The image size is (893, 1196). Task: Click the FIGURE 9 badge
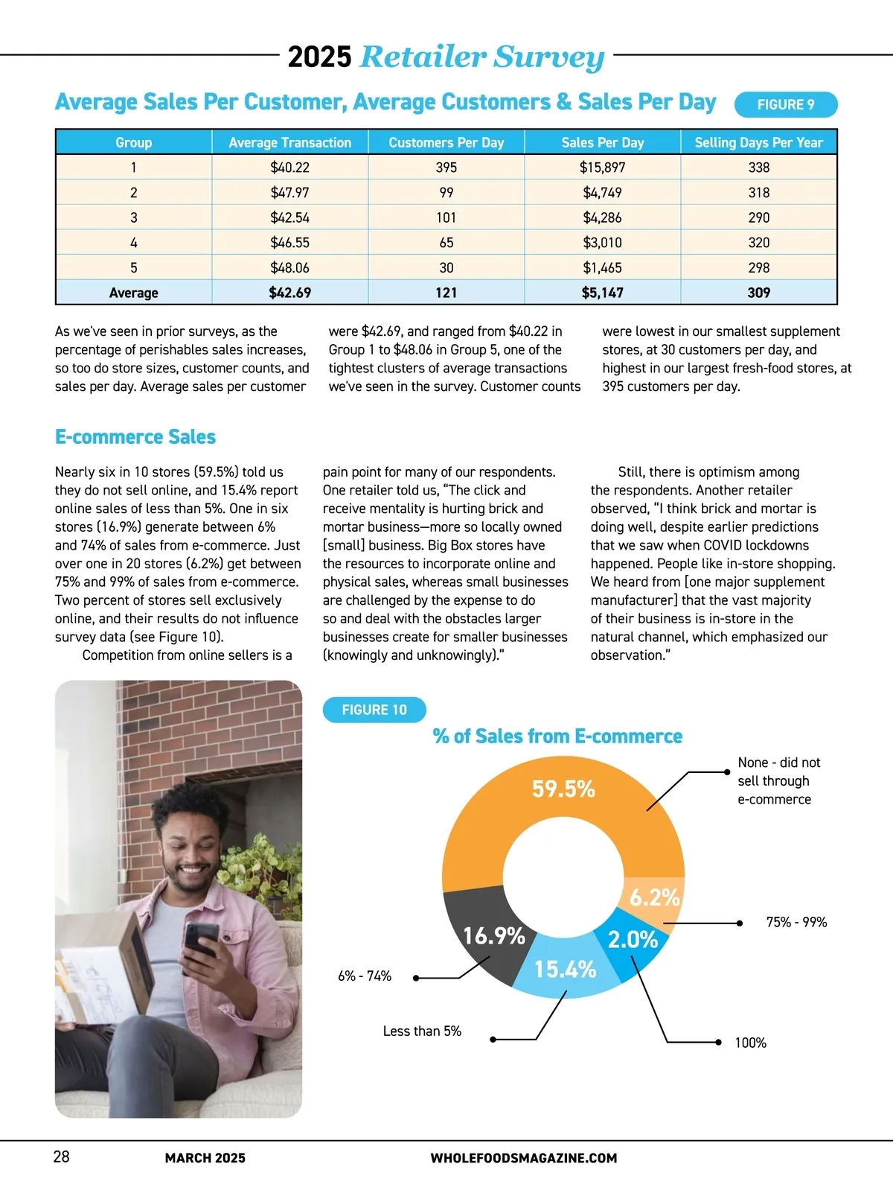785,105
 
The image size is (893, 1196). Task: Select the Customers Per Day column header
446,142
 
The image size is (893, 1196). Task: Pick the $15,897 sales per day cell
602,168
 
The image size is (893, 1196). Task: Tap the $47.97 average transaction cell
289,193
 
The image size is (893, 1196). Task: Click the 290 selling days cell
758,217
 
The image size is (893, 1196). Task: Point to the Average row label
133,293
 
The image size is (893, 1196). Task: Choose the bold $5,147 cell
602,293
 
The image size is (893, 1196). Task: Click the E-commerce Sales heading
135,437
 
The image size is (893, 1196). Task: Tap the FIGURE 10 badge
374,710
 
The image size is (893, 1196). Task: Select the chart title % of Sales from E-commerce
557,737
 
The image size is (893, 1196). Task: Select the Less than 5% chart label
422,1031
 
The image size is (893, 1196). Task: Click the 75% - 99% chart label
796,923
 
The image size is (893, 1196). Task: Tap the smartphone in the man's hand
201,940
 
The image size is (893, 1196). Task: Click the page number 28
61,1156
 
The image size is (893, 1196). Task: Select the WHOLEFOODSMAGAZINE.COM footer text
523,1158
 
